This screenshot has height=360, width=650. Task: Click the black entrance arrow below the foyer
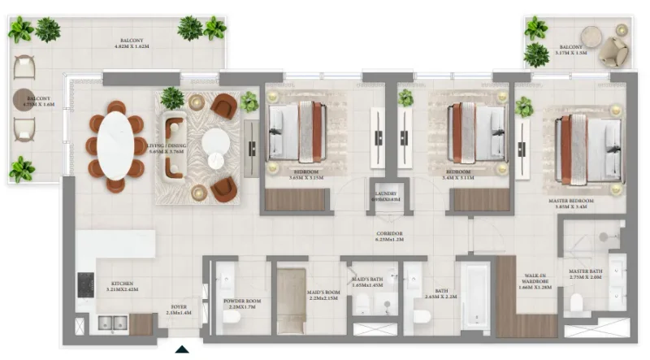click(183, 350)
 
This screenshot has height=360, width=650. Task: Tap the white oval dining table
click(116, 145)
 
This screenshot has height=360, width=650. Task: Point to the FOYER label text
click(177, 309)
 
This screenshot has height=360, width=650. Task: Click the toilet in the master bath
click(578, 303)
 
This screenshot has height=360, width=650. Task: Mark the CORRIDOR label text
click(390, 236)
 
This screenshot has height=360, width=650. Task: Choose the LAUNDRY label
click(385, 196)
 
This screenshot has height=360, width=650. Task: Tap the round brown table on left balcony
click(24, 100)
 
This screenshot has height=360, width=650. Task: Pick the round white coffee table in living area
click(215, 143)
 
